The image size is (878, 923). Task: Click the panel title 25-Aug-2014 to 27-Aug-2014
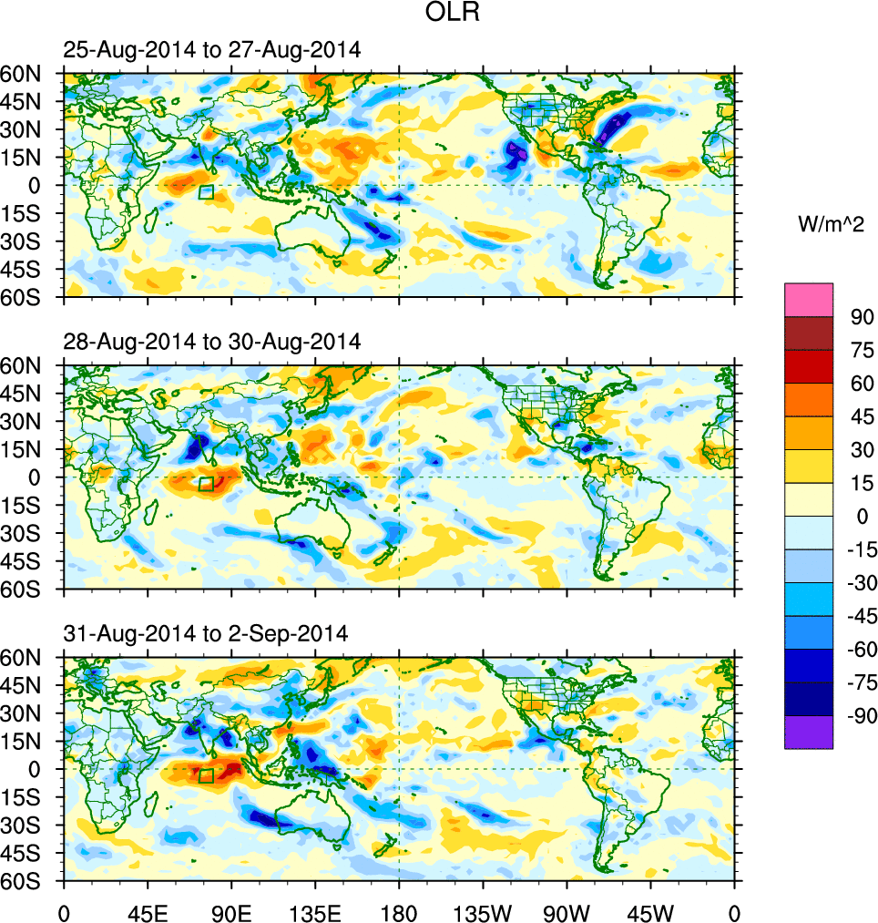211,50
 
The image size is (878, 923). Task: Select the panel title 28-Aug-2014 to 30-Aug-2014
211,342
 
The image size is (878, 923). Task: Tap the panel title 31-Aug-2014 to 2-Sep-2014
205,633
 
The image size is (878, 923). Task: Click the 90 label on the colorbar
861,317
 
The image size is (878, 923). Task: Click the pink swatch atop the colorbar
809,300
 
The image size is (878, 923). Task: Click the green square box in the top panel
206,192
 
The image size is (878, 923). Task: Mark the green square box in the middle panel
206,484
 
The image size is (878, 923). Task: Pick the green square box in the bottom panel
206,775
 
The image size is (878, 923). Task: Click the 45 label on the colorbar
861,416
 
